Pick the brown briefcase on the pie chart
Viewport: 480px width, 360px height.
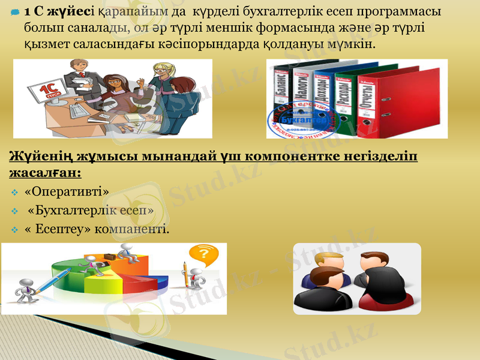coord(111,256)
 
